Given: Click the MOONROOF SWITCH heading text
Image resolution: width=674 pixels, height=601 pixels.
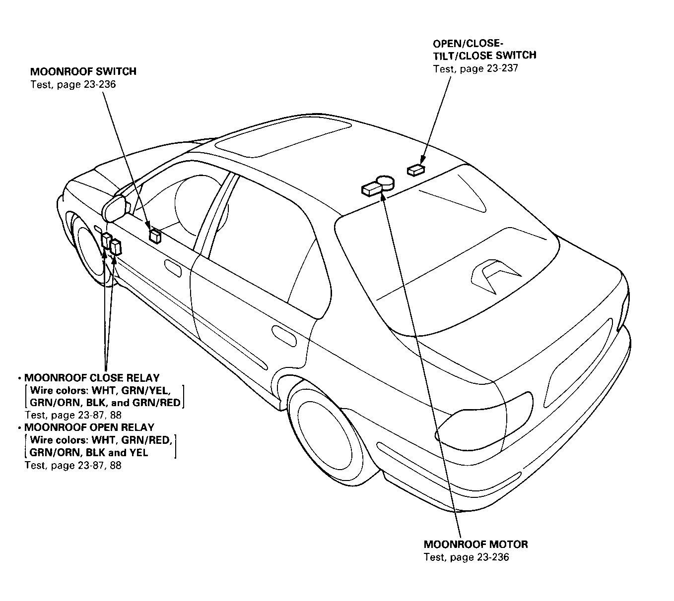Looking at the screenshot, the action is pyautogui.click(x=83, y=71).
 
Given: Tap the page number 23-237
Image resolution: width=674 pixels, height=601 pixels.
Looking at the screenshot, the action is pyautogui.click(x=502, y=68).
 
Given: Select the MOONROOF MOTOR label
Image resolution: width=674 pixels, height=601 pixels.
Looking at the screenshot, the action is pyautogui.click(x=476, y=544).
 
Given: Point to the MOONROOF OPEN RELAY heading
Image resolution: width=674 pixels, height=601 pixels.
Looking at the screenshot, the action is pyautogui.click(x=89, y=427).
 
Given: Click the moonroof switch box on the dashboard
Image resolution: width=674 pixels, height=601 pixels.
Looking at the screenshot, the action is pyautogui.click(x=155, y=236).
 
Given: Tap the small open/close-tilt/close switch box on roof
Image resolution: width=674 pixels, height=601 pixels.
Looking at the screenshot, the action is pyautogui.click(x=416, y=170).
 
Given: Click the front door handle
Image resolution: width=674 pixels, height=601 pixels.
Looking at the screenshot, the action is pyautogui.click(x=174, y=268).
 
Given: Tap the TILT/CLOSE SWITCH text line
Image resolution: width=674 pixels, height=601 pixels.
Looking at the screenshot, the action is pyautogui.click(x=485, y=55).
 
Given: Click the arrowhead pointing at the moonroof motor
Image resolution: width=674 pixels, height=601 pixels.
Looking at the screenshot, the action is pyautogui.click(x=383, y=196).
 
